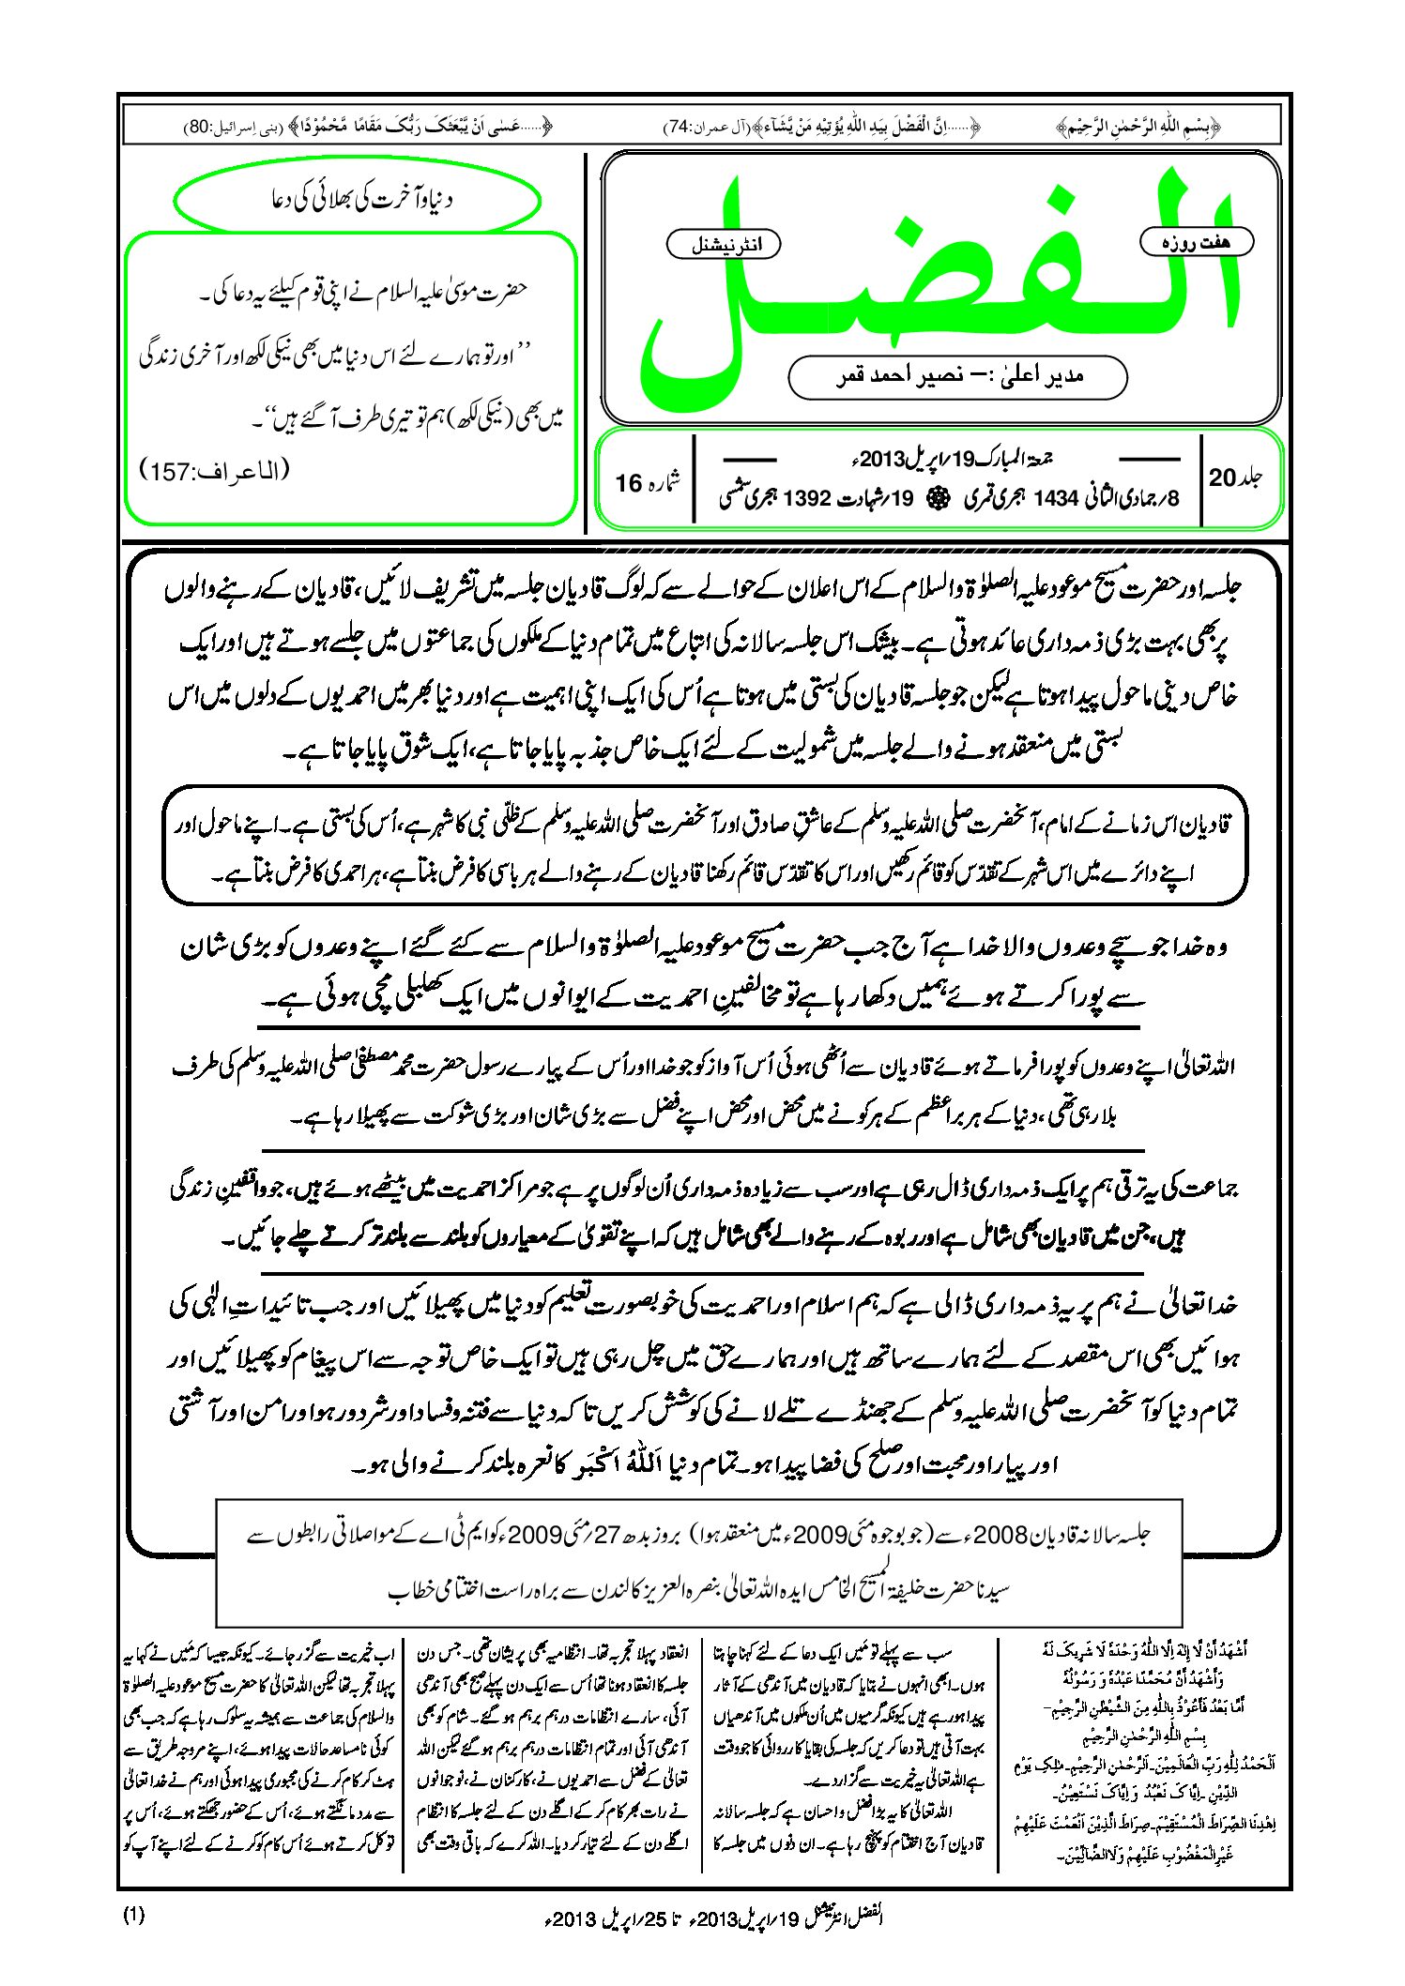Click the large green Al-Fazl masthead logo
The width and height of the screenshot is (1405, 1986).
point(939,272)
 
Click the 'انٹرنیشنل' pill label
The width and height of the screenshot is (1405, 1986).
point(723,245)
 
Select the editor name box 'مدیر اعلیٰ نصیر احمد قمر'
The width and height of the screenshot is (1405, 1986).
point(957,376)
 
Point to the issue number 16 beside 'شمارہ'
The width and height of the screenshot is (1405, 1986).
point(628,483)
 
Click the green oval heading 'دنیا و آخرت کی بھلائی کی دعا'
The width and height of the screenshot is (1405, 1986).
point(358,200)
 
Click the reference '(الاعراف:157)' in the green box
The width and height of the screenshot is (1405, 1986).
point(215,471)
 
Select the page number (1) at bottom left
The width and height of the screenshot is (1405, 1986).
point(133,1916)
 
